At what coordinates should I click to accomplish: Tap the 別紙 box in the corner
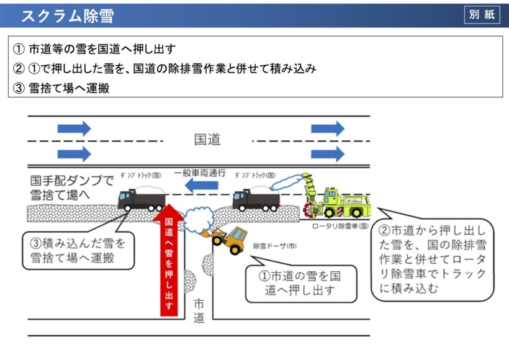pos(482,14)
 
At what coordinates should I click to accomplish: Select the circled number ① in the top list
pos(19,48)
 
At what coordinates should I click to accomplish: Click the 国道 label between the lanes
pos(207,140)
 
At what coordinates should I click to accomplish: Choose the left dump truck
pos(142,199)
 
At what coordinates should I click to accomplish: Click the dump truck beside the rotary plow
pos(256,199)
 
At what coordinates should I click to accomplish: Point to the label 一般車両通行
pos(199,173)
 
